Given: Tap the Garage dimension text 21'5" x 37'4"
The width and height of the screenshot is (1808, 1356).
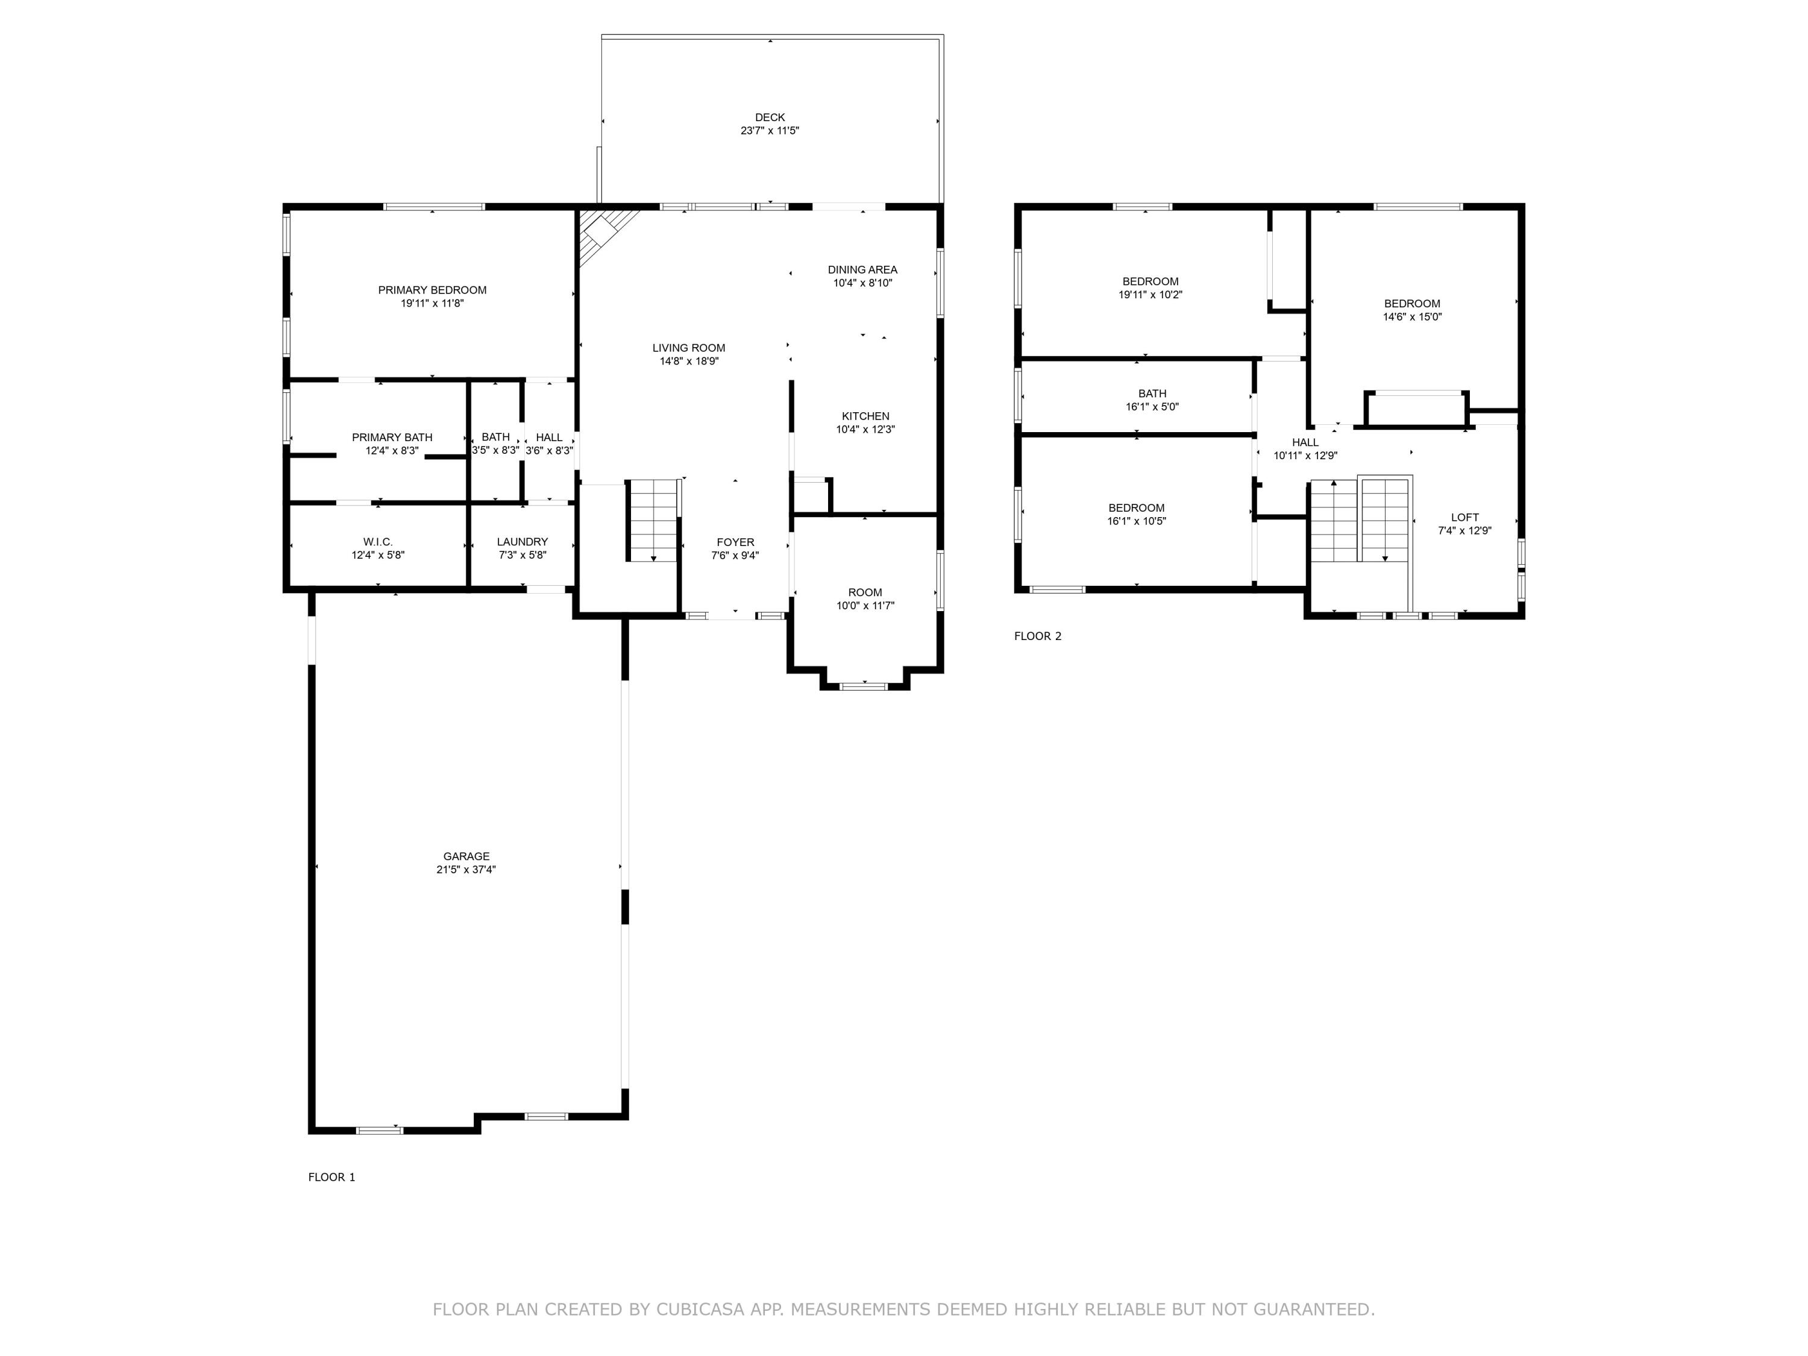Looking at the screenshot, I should [x=466, y=870].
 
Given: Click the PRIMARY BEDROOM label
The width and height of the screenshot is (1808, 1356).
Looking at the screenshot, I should [x=432, y=290].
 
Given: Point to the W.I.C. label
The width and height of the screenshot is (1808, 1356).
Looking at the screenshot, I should [x=378, y=542].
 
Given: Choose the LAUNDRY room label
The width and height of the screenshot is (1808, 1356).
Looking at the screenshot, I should [x=523, y=542].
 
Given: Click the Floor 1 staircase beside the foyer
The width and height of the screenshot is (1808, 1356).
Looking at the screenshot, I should [x=653, y=521].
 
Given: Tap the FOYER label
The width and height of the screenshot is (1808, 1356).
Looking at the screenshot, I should [x=735, y=542].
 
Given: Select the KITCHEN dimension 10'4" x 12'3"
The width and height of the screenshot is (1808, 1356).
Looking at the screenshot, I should [x=865, y=429].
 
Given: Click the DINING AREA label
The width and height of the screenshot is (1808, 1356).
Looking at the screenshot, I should [x=862, y=270].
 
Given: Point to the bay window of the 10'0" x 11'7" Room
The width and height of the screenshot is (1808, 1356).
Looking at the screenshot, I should [x=864, y=686].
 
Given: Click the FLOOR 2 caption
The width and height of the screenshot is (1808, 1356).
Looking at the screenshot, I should [x=1037, y=636].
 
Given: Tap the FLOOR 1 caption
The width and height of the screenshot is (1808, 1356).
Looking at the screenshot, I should [x=331, y=1177].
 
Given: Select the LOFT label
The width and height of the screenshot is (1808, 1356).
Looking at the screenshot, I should [x=1464, y=517].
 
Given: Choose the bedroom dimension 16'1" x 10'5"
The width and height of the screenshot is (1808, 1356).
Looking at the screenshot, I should [x=1136, y=521].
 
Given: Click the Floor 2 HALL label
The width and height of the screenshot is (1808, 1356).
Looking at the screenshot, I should [x=1305, y=442].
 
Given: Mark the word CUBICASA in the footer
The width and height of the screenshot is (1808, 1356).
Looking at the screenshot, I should [x=700, y=1310].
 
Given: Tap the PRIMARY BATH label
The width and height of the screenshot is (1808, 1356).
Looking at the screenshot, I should [x=392, y=438].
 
